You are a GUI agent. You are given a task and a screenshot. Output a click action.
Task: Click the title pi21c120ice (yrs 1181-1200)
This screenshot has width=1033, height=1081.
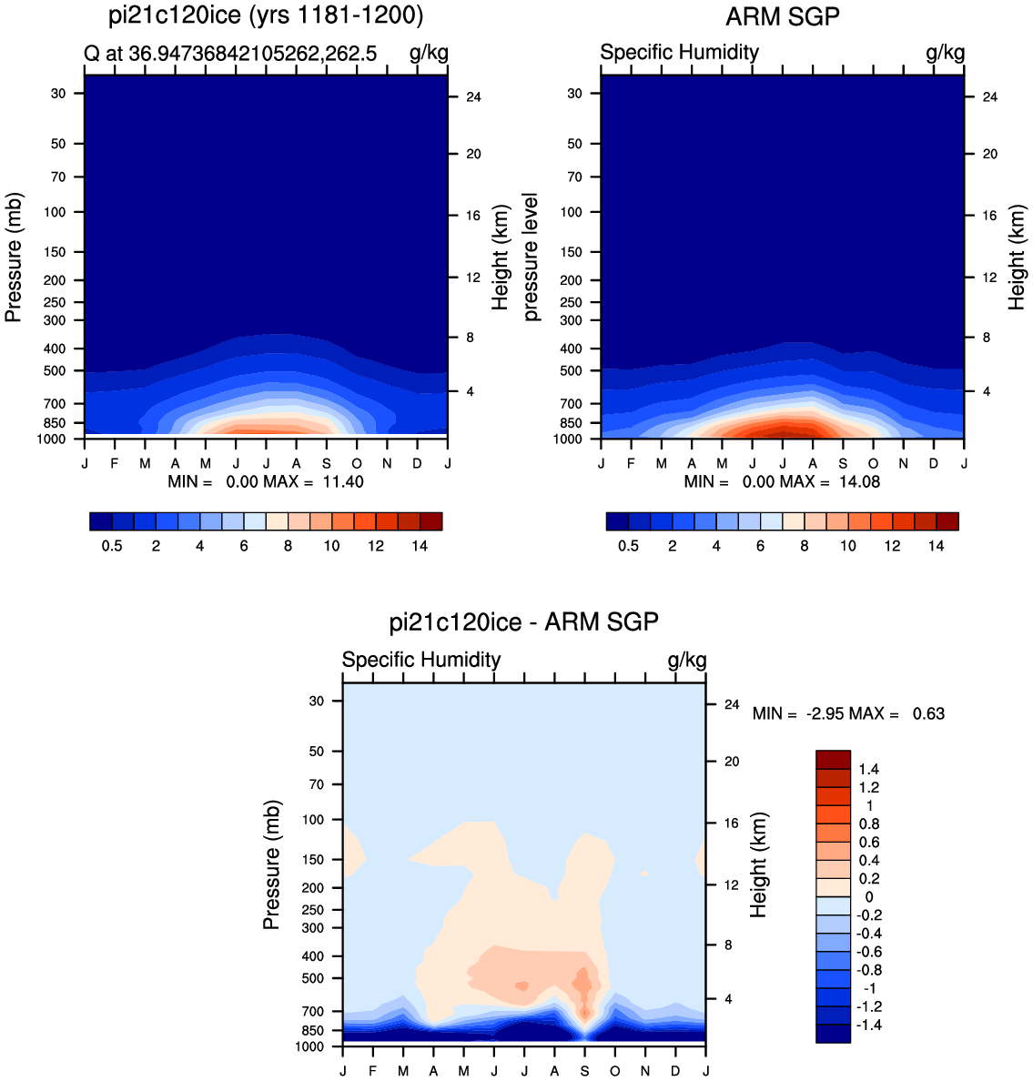(x=266, y=15)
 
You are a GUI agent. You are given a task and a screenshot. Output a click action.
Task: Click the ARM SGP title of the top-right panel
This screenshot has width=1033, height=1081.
(x=783, y=16)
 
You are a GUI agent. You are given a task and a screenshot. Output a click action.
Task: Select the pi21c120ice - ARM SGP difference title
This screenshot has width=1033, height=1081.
(x=524, y=621)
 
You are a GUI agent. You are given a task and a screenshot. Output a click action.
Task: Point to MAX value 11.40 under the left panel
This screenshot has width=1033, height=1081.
(x=343, y=482)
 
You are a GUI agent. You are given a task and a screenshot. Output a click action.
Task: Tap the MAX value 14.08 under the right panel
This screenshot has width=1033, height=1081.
(x=859, y=482)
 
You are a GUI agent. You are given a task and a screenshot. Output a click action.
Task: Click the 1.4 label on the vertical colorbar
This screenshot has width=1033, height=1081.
(x=869, y=770)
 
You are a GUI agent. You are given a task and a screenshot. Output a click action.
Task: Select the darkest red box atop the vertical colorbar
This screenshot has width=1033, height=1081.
(x=833, y=759)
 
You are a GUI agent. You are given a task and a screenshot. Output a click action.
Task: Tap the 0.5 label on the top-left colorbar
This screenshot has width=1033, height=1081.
(x=112, y=546)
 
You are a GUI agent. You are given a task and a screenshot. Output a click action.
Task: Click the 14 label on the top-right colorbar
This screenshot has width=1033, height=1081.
(x=936, y=546)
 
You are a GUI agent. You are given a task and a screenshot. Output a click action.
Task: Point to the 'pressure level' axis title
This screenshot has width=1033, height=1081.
(x=531, y=258)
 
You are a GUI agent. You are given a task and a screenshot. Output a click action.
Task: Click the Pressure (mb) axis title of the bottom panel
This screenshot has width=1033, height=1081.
(x=272, y=864)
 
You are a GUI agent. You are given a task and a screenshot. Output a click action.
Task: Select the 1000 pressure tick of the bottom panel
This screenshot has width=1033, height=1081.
(x=309, y=1046)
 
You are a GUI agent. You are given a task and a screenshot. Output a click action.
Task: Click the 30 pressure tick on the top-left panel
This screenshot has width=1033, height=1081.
(x=58, y=93)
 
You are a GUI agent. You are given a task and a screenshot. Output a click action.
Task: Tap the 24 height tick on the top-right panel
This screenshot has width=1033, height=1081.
(x=990, y=97)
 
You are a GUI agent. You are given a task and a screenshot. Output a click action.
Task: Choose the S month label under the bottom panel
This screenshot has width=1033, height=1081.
(x=585, y=1071)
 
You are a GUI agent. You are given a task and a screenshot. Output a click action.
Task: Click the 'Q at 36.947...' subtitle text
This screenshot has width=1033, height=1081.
(x=230, y=53)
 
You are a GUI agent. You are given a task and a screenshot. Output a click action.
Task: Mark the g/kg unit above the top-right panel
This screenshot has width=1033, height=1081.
(x=946, y=53)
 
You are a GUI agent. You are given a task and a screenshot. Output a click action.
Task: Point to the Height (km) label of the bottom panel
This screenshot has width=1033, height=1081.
(x=758, y=865)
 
